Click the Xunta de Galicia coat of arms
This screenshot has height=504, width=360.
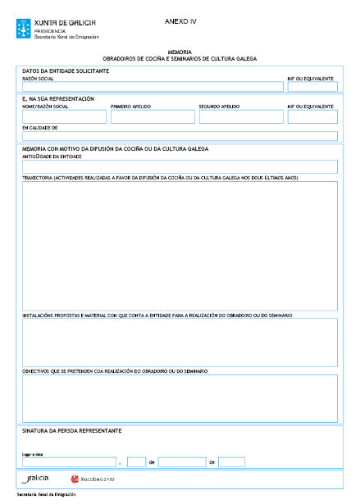pos(24,30)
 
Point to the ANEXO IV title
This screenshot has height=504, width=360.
pos(180,21)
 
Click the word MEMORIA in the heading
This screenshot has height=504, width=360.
pos(179,52)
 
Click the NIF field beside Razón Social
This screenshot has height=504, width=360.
pos(312,87)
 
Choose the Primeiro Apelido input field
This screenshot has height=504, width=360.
pos(151,117)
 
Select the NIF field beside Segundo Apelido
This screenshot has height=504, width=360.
pos(312,117)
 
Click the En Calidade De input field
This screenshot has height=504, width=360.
pos(179,136)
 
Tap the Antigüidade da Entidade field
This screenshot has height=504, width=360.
pos(179,166)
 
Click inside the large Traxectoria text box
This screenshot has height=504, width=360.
pos(179,245)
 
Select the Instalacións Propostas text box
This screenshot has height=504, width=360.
pos(179,341)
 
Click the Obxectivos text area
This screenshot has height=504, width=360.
pos(179,397)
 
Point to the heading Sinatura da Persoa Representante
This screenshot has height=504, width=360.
pos(72,430)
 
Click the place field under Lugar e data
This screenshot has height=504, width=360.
pos(69,462)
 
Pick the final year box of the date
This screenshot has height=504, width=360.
pos(231,462)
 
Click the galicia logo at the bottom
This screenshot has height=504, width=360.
pos(36,479)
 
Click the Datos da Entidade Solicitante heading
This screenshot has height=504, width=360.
pos(66,70)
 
